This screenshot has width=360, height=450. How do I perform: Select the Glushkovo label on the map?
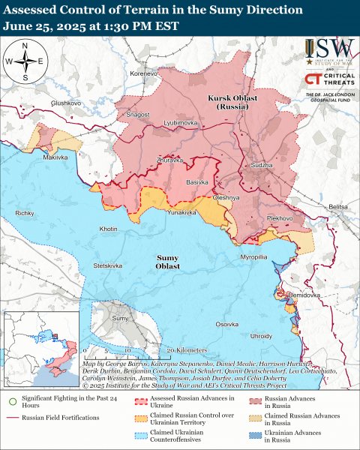tap(65, 102)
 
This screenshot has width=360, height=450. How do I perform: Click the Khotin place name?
tap(109, 228)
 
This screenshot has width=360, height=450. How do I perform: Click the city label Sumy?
tap(120, 319)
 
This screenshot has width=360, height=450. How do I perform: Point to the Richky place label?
tap(25, 214)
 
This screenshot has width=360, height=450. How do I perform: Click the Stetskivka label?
tap(107, 265)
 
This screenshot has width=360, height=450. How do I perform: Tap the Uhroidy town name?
tap(262, 335)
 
